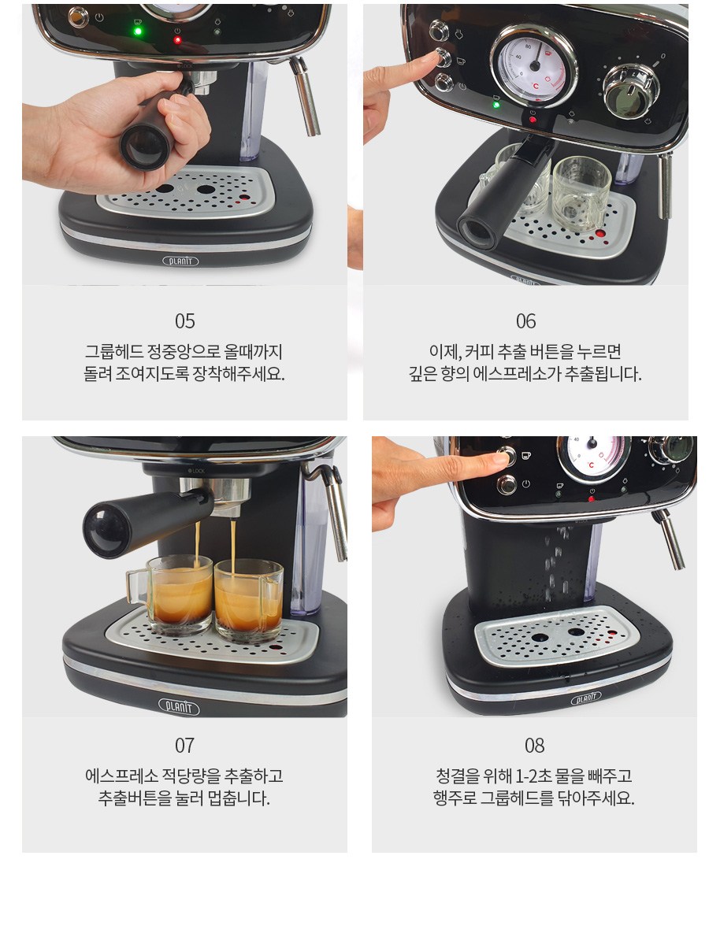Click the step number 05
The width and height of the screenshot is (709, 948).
click(184, 321)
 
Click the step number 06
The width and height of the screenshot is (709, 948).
click(525, 321)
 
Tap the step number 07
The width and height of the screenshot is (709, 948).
click(184, 745)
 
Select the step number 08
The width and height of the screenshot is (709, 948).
click(534, 745)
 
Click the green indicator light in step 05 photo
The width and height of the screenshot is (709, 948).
click(138, 31)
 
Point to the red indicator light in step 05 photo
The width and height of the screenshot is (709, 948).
click(177, 39)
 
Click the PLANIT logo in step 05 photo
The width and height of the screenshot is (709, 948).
click(180, 261)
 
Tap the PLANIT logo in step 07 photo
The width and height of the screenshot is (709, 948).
click(179, 706)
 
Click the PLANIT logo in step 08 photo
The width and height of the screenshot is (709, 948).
click(585, 698)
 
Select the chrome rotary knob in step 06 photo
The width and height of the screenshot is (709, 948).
click(631, 91)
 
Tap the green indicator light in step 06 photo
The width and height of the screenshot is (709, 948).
click(496, 105)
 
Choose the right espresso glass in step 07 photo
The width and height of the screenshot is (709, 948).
click(248, 602)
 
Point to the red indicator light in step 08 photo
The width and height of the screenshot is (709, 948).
click(592, 499)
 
